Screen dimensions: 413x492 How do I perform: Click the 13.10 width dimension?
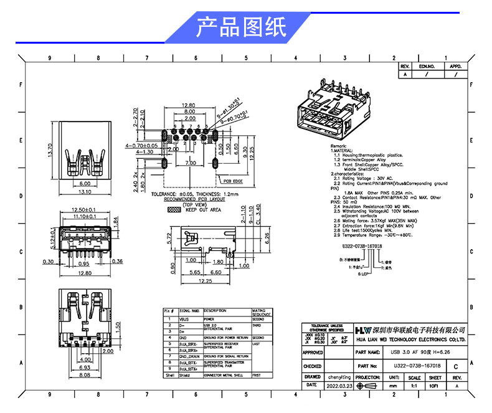pos(84,192)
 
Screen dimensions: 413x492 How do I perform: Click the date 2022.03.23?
pos(339,386)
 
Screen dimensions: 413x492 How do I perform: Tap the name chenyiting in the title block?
pos(339,377)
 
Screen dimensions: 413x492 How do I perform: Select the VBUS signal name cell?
pos(185,318)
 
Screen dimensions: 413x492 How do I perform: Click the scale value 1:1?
pos(414,386)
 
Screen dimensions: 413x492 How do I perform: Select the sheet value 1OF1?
pos(435,386)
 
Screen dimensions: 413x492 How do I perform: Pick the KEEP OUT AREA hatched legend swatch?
pos(169,210)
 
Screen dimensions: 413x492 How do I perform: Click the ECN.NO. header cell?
pos(427,65)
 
